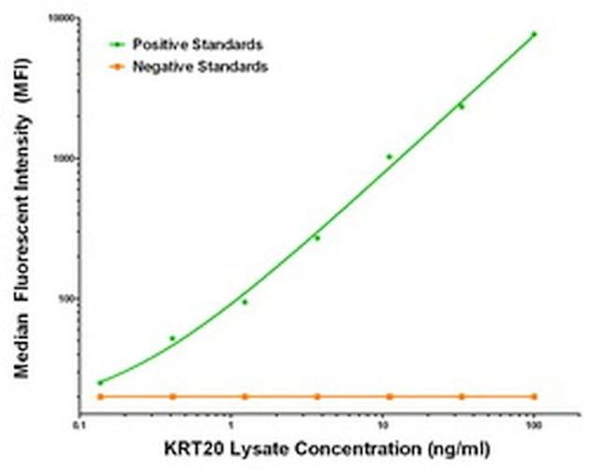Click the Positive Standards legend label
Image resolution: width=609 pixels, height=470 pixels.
tap(197, 44)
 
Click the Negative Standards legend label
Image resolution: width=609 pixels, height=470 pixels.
tap(200, 66)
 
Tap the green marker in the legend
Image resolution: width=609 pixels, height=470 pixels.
tap(115, 44)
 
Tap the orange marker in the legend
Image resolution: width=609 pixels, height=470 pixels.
tap(115, 66)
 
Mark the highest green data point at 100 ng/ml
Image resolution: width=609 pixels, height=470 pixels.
tap(534, 34)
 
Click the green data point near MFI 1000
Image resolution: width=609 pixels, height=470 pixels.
tap(389, 156)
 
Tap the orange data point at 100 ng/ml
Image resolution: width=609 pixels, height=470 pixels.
tap(534, 396)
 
